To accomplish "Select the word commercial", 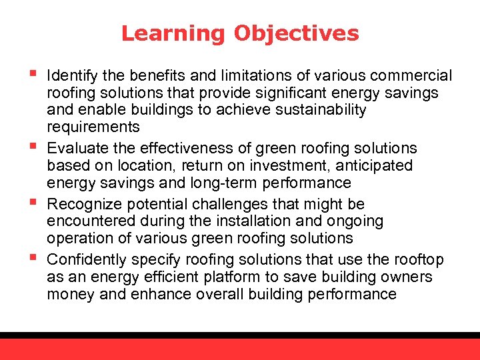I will pos(412,76).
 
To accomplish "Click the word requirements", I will pos(93,127).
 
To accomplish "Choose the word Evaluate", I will pos(74,148).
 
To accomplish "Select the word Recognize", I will pos(80,204).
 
